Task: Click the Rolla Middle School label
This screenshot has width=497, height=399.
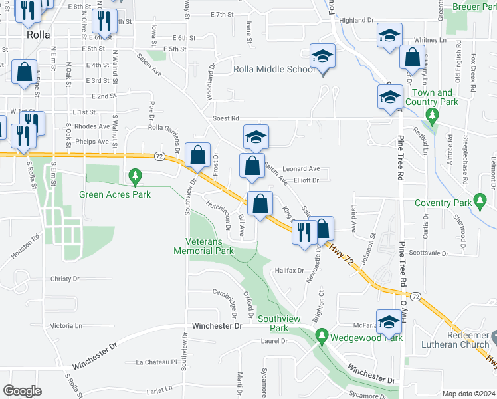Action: pos(274,70)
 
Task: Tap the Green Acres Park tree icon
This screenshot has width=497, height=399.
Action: pos(136,176)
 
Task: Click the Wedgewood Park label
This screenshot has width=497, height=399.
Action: pos(366,338)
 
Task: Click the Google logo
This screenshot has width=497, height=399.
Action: pos(21,391)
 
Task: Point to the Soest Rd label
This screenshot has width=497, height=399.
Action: pos(225,119)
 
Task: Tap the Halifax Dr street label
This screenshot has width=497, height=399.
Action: pos(289,271)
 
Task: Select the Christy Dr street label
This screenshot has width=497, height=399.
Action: pos(64,279)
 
